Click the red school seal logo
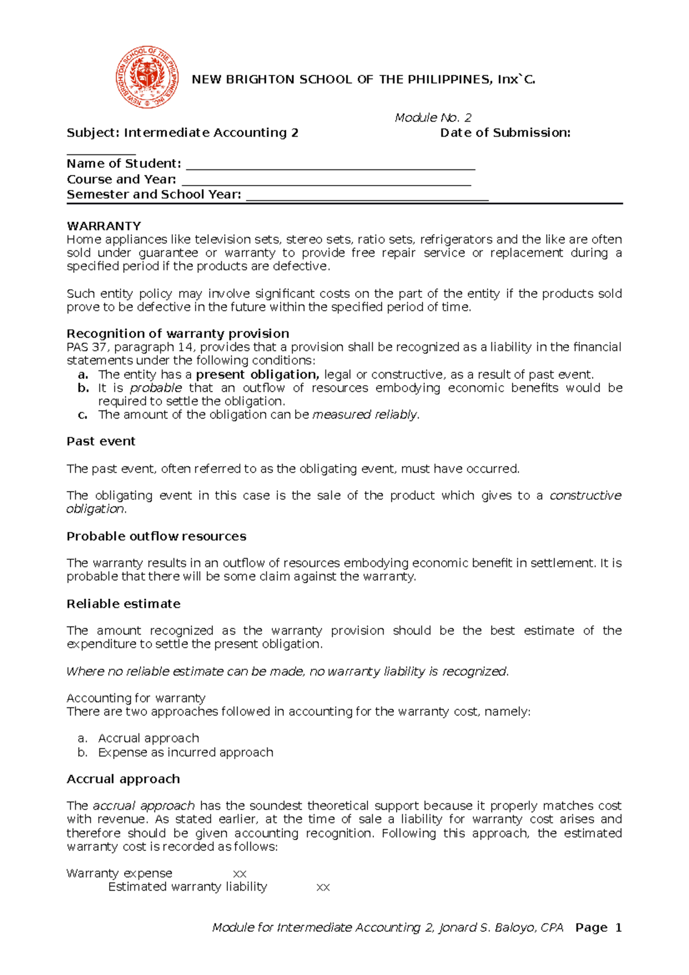[x=147, y=78]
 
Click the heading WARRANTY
[x=104, y=226]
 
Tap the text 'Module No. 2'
[x=433, y=118]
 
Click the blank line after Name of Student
[x=331, y=165]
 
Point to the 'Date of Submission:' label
[x=505, y=133]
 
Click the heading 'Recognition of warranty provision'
[x=178, y=334]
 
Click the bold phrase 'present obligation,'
[x=257, y=374]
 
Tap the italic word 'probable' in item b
[x=156, y=388]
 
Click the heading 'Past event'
[x=101, y=441]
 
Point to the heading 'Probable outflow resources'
[x=156, y=536]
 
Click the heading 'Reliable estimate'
[x=123, y=603]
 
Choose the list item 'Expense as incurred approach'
[x=185, y=752]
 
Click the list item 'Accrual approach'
[x=149, y=738]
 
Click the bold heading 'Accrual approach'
[x=123, y=779]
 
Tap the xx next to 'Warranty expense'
[x=239, y=874]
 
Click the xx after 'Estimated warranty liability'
[x=323, y=888]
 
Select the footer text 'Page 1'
[x=598, y=927]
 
